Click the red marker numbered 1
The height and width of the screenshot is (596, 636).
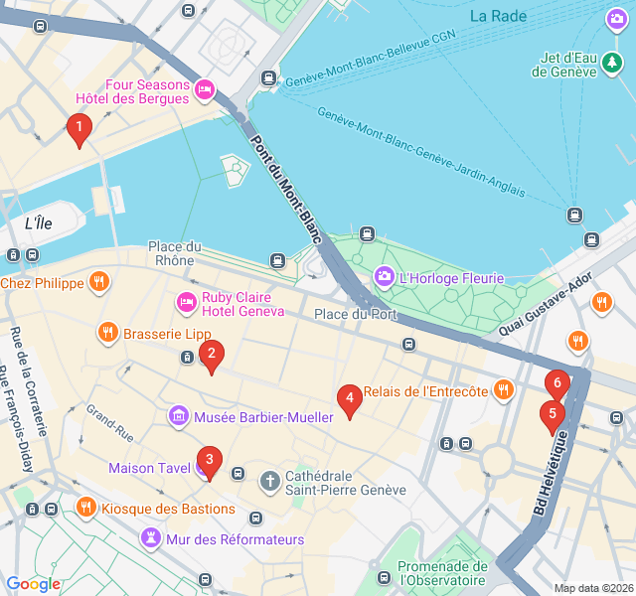point(79,128)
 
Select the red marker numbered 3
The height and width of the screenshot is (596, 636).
point(208,461)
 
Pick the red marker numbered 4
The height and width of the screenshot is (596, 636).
point(348,399)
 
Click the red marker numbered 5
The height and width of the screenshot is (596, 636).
point(552,415)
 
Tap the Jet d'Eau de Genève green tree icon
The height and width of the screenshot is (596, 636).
point(613,65)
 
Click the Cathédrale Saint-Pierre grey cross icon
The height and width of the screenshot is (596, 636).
point(269,482)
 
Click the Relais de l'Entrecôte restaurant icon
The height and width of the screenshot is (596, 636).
point(504,390)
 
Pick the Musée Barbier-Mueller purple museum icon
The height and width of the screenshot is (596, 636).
point(179,415)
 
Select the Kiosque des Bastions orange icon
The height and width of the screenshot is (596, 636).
point(86,509)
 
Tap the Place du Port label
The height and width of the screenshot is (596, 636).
point(355,315)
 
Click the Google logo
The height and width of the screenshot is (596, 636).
point(33,584)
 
